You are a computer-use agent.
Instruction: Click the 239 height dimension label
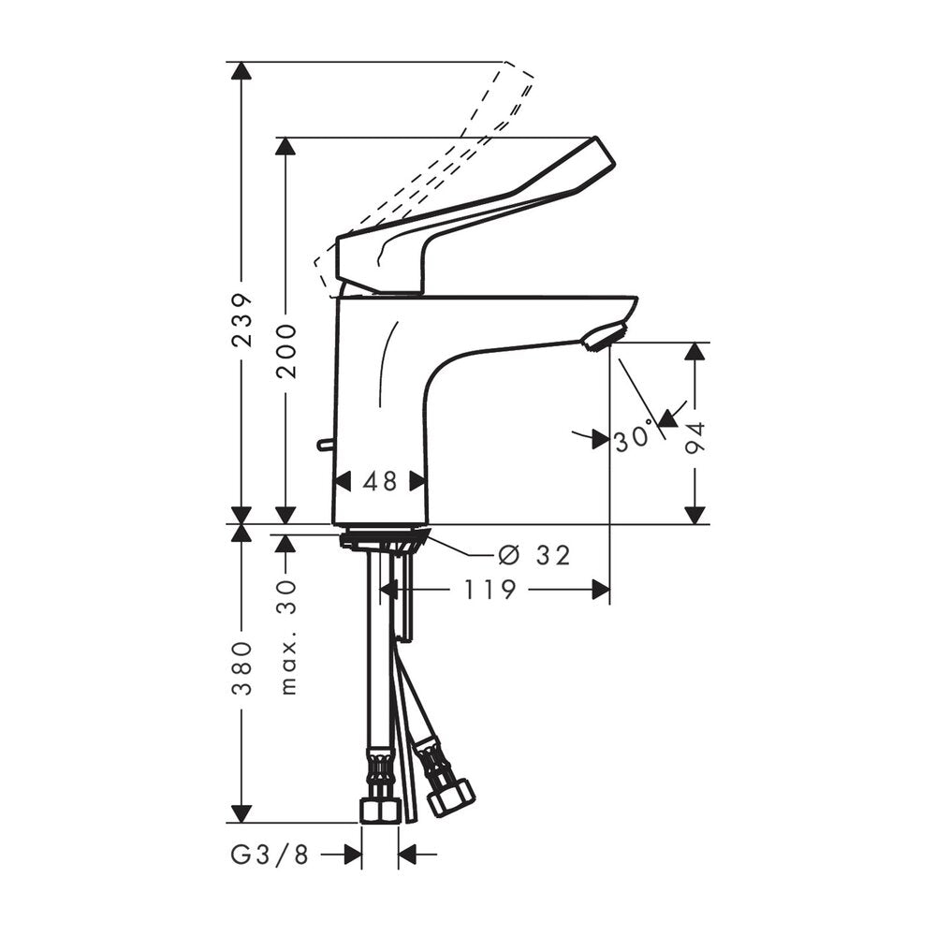point(242,319)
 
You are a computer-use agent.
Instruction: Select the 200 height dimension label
point(286,352)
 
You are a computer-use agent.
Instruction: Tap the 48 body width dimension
point(380,481)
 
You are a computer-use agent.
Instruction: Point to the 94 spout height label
point(695,439)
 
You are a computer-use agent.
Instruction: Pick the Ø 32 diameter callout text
point(534,556)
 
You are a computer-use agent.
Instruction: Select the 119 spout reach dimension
point(490,591)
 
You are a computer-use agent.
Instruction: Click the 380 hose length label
point(242,669)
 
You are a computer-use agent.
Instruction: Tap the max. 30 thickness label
point(287,637)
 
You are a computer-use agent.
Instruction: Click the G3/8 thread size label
point(270,855)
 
